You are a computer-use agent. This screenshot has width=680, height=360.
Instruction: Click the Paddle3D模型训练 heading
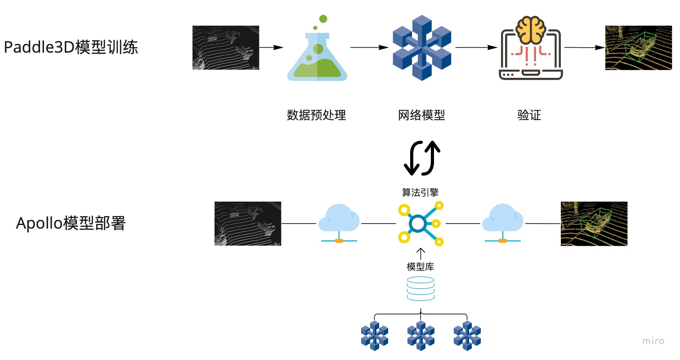point(71,47)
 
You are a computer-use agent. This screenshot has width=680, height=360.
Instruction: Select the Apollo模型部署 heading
point(71,223)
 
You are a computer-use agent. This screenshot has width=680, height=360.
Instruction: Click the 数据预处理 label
point(316,115)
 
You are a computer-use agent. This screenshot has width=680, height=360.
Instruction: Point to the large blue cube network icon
point(422,48)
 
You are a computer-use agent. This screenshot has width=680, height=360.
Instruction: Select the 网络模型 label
point(421,115)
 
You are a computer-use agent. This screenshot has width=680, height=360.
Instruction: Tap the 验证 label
point(529,115)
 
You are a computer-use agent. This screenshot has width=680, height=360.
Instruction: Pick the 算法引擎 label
point(420,192)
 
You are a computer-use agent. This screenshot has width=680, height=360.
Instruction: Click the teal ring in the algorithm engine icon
point(418,223)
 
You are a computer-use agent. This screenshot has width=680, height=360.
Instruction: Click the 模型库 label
point(421,266)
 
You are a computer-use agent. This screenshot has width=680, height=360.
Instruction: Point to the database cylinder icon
point(421,289)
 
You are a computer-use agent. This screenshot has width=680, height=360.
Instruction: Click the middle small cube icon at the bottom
point(421,335)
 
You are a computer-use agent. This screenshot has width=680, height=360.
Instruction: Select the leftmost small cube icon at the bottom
point(375,335)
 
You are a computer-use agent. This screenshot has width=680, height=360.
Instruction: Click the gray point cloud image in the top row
point(226,48)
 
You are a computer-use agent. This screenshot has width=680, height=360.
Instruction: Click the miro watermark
point(653,341)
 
